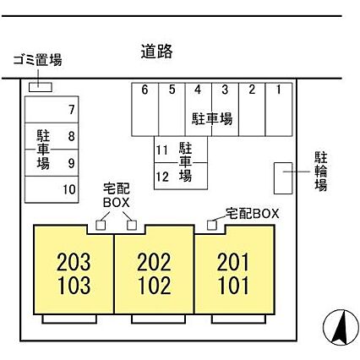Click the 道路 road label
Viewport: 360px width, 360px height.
tap(156, 52)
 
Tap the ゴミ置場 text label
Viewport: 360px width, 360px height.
tap(38, 60)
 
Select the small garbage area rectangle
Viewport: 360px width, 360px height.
tap(41, 87)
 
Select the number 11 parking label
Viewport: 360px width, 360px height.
tap(162, 150)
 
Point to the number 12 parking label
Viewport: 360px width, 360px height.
tap(162, 177)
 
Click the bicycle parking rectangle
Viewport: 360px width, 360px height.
tap(283, 178)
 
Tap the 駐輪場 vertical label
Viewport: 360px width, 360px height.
tap(321, 172)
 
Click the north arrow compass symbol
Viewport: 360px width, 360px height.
tap(341, 327)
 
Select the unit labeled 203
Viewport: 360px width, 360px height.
tap(74, 262)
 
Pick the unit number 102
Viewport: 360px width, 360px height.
tap(155, 285)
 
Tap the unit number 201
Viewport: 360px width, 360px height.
tap(233, 262)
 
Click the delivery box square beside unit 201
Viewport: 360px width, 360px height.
tap(212, 225)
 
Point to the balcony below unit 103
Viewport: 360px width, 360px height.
tap(69, 319)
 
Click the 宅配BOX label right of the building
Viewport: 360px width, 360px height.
tap(252, 214)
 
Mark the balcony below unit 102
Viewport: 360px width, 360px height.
tap(158, 319)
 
